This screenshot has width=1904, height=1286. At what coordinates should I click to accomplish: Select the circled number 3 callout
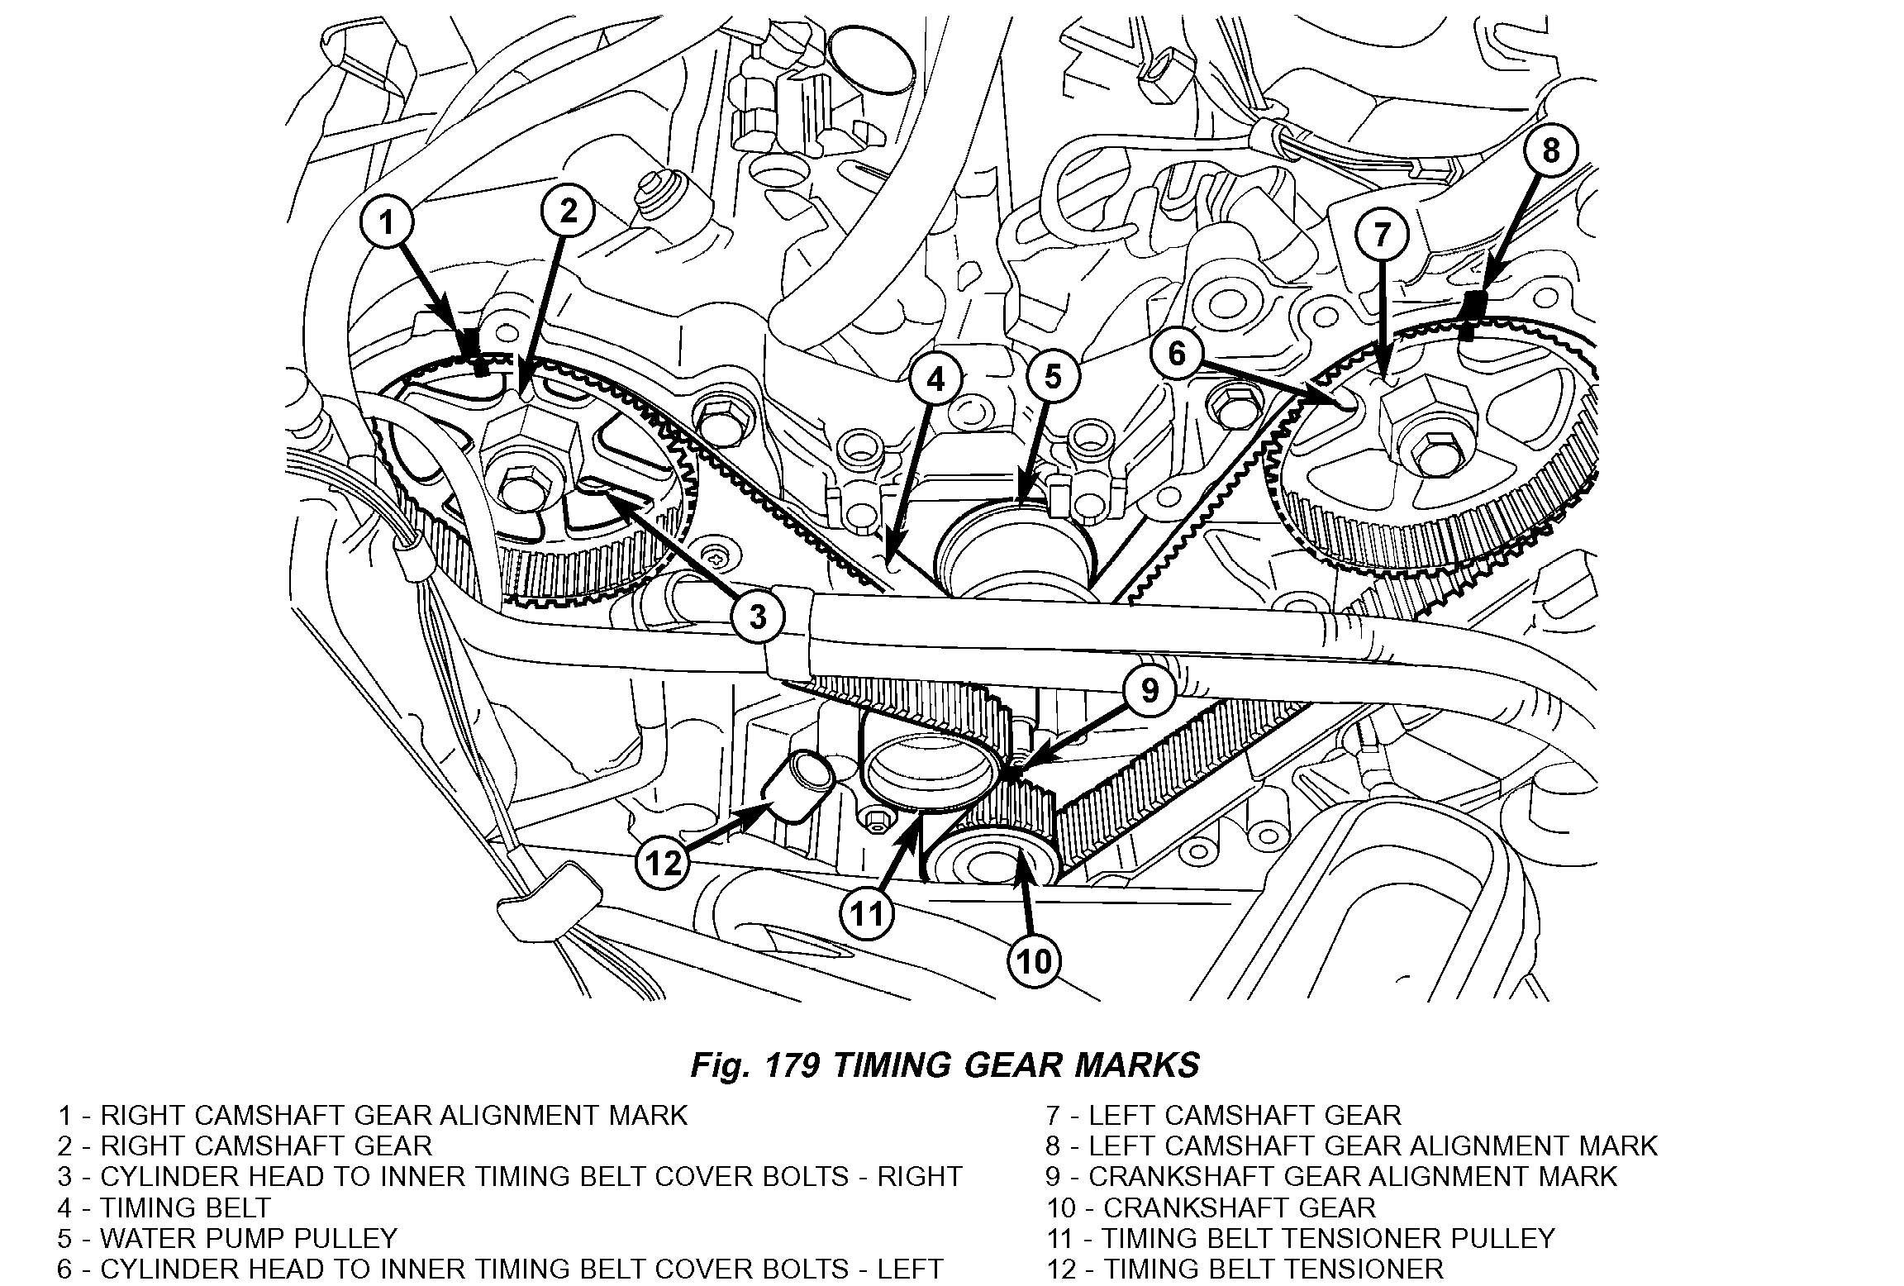[758, 617]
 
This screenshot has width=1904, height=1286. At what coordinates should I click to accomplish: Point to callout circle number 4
[935, 379]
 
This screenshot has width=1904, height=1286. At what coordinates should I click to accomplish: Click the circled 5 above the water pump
[1052, 378]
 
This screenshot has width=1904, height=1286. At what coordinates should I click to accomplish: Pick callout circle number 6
[1178, 354]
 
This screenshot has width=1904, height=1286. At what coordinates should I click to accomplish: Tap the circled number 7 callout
[1384, 236]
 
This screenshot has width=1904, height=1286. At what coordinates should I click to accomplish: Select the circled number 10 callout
[1034, 961]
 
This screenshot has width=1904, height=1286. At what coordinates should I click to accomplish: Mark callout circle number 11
[868, 913]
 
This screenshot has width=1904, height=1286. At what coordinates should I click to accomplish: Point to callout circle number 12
[664, 864]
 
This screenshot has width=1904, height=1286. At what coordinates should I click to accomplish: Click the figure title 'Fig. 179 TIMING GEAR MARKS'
[945, 1065]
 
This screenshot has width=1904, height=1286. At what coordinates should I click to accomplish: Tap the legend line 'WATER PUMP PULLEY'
[248, 1238]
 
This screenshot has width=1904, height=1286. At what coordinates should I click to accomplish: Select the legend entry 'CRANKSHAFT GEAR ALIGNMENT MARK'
[1350, 1176]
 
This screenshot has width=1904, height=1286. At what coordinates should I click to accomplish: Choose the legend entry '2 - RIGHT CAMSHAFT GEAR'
[245, 1145]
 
